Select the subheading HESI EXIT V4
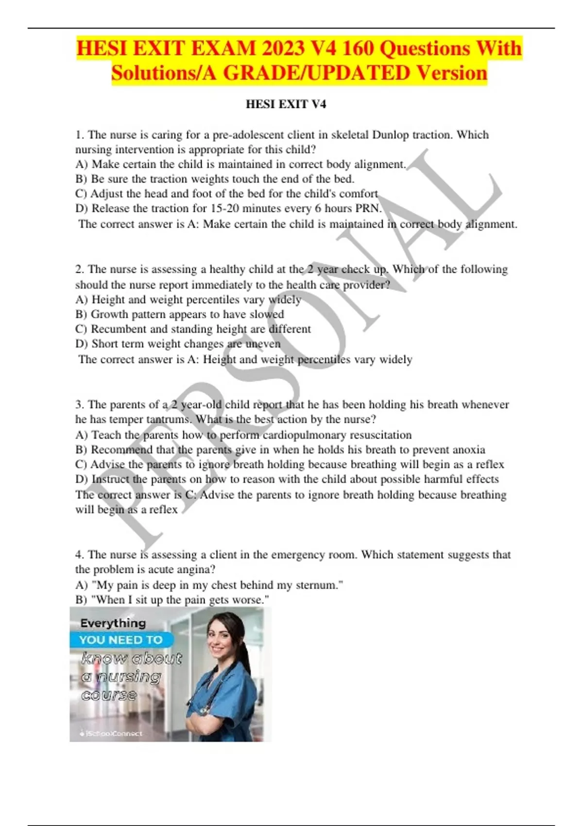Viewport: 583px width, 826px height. coord(286,104)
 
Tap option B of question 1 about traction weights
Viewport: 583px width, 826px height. coord(215,179)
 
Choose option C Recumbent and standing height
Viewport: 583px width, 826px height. coord(193,329)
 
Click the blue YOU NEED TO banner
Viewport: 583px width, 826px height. coord(121,640)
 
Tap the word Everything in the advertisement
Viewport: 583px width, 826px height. coord(113,623)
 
